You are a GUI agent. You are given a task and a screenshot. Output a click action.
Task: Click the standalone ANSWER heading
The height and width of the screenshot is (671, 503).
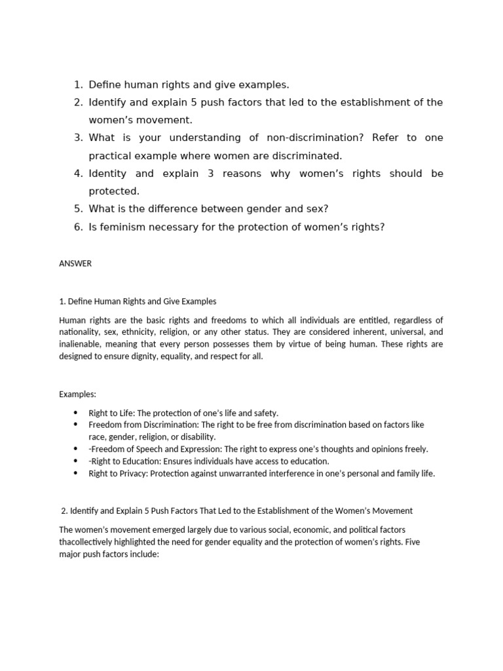tap(75, 264)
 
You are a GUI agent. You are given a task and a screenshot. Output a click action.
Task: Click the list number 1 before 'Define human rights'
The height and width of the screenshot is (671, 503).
tap(78, 85)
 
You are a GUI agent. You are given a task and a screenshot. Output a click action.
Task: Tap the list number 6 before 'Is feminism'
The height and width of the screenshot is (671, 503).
tap(78, 227)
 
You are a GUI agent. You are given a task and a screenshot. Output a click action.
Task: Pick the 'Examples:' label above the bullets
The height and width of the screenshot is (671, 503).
tap(77, 394)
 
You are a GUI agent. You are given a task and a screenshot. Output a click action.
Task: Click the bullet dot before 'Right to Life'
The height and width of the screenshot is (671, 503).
tap(76, 413)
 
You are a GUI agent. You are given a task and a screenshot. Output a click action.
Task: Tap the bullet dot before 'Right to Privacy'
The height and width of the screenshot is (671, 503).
tap(76, 473)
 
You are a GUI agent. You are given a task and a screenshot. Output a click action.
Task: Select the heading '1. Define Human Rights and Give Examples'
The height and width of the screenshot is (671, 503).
tap(138, 301)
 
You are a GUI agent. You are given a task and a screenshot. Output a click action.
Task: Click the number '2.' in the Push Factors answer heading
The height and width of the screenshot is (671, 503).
tap(64, 510)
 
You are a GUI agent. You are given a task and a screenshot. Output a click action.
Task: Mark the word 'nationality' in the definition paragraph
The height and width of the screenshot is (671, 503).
tap(79, 332)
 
